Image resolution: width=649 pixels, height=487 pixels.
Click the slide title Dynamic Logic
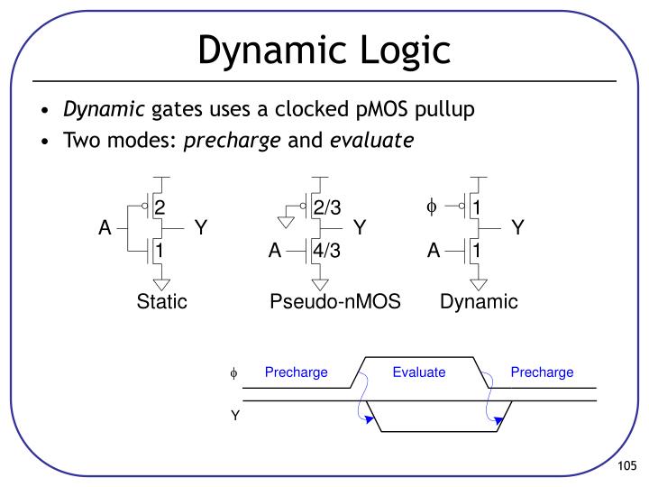click(324, 50)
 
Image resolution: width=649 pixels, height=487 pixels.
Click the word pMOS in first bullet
click(362, 110)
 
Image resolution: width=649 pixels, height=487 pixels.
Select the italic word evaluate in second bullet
click(371, 140)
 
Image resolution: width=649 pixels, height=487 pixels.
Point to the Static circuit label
click(161, 302)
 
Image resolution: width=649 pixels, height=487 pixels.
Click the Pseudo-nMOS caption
click(334, 302)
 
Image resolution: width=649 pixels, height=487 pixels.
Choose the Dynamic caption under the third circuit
click(479, 302)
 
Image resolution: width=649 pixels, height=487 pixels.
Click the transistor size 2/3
click(327, 208)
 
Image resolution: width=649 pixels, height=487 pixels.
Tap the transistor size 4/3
click(327, 251)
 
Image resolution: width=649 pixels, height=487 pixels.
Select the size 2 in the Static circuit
click(160, 208)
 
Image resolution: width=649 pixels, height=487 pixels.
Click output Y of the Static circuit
click(201, 229)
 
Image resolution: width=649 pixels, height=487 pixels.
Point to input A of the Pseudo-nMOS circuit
click(275, 251)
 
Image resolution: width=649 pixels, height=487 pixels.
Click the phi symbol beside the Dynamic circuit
click(431, 207)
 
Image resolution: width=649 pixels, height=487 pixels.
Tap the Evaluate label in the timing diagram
click(419, 372)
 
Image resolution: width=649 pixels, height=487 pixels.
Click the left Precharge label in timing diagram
click(296, 372)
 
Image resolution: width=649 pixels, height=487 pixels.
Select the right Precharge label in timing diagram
click(542, 372)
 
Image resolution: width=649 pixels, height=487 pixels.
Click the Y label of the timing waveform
click(235, 416)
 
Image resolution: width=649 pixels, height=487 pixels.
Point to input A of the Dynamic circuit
click(434, 251)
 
